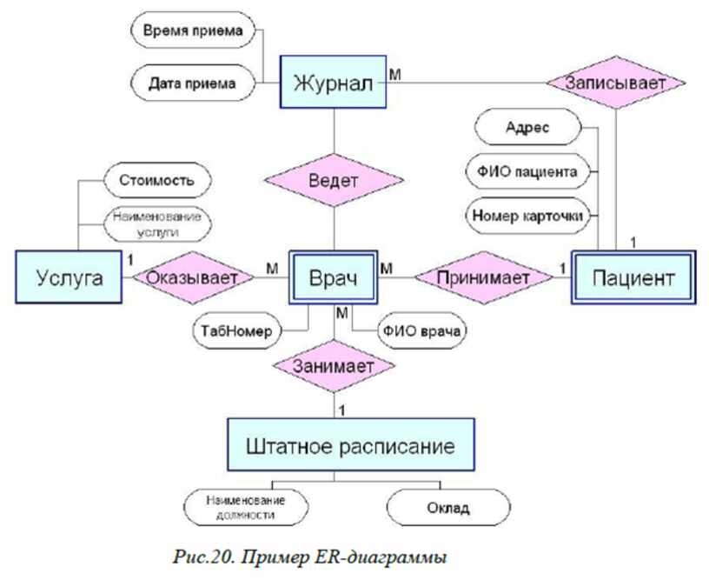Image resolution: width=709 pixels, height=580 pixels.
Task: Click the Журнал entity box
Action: click(x=333, y=82)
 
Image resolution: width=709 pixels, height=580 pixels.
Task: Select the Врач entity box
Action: click(x=334, y=277)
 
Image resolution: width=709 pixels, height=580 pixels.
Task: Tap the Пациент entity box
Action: click(x=633, y=277)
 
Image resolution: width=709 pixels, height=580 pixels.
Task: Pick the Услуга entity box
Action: click(x=69, y=277)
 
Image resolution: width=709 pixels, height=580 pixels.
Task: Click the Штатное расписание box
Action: click(x=350, y=444)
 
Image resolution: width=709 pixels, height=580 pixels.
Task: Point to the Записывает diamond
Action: click(x=616, y=83)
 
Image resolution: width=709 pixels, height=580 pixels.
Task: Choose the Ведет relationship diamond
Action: click(x=334, y=180)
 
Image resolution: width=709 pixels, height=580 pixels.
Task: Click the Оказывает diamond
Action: click(x=193, y=277)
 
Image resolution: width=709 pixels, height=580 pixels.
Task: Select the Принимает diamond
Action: click(x=483, y=277)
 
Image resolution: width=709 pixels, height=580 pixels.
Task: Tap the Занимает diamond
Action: click(x=334, y=366)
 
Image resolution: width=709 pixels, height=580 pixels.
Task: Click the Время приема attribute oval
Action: click(x=193, y=30)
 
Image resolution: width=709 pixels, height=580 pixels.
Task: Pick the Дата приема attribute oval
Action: click(x=193, y=83)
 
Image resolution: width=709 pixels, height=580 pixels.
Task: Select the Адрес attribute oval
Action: click(x=527, y=127)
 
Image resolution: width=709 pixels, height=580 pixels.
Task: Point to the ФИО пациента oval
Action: click(x=527, y=171)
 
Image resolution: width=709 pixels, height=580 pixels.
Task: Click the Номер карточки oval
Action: click(x=527, y=216)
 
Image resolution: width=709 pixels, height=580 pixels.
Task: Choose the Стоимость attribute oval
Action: click(x=157, y=180)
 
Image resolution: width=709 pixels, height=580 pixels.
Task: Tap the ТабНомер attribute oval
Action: click(x=237, y=330)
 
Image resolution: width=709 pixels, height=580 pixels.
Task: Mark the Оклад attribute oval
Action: click(x=448, y=508)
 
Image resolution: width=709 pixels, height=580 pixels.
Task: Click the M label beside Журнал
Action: click(x=394, y=74)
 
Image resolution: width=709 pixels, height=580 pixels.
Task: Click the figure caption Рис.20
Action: click(x=202, y=557)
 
